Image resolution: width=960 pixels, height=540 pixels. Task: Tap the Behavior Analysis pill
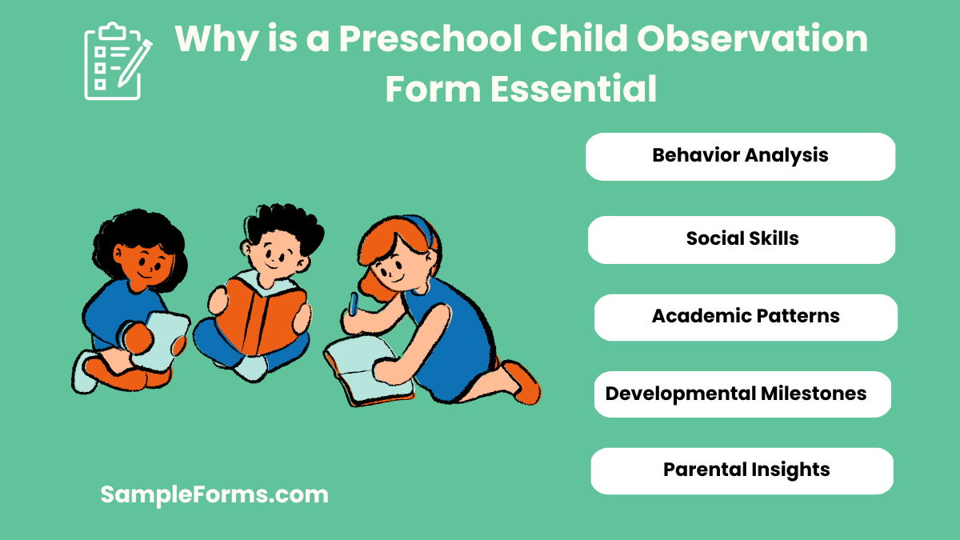(x=740, y=156)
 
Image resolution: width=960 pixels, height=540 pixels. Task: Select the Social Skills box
(x=742, y=239)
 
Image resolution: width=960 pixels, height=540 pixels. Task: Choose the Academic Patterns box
(x=746, y=317)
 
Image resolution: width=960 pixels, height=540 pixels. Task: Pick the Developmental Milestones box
(x=742, y=394)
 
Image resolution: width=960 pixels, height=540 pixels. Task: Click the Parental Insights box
(x=742, y=470)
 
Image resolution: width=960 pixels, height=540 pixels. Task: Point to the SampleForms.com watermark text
(x=214, y=494)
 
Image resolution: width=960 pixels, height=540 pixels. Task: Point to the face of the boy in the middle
(x=275, y=254)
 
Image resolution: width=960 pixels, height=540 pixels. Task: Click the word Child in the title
(x=583, y=40)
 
